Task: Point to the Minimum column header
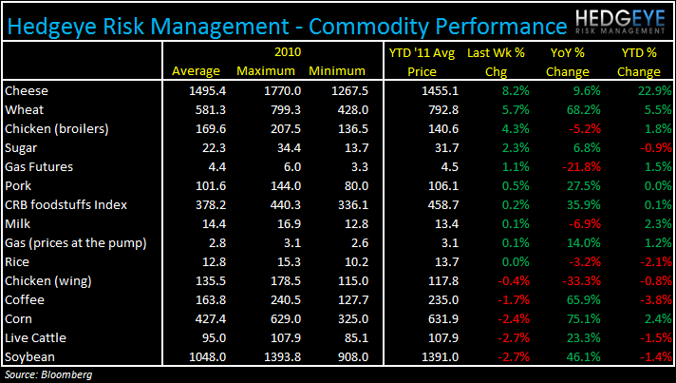click(337, 71)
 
